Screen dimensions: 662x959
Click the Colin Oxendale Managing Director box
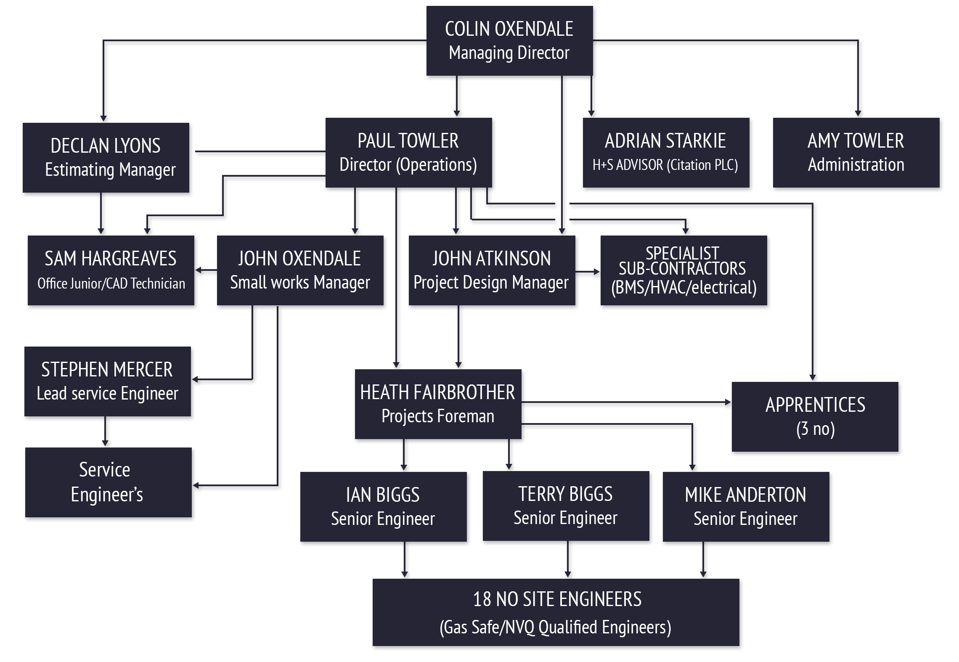click(509, 41)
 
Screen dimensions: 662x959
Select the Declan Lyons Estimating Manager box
click(106, 158)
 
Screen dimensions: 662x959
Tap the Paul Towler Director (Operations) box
click(408, 152)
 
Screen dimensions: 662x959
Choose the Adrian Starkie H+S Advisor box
click(666, 152)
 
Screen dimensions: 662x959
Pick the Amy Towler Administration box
click(856, 152)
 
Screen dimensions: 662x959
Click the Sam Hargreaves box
click(111, 270)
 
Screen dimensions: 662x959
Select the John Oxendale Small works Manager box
click(300, 270)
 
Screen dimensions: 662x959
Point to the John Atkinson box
click(492, 270)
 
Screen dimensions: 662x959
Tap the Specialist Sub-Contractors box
click(683, 270)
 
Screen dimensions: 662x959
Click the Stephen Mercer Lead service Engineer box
click(107, 381)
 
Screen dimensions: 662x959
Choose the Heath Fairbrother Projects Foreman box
click(438, 404)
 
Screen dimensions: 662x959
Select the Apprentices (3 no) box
click(815, 416)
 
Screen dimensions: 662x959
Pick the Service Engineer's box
click(108, 482)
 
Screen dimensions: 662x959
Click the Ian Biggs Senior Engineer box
click(383, 506)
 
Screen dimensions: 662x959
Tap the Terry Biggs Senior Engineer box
click(566, 506)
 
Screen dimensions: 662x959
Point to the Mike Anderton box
click(746, 506)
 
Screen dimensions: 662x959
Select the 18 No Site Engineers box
click(556, 612)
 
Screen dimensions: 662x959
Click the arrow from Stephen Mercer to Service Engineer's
click(105, 432)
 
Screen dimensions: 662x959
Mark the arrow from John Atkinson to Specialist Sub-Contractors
click(588, 272)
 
